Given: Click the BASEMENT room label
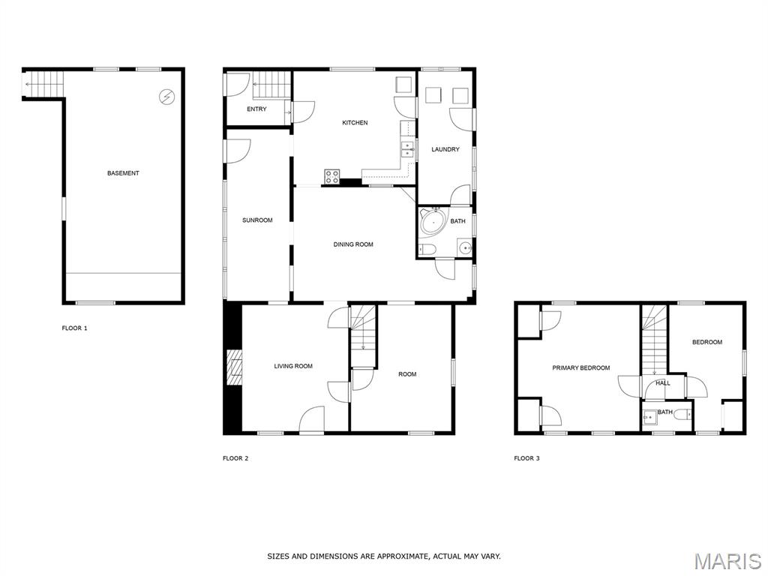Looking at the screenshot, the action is point(123,173).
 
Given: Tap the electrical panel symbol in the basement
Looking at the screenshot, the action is point(167,97).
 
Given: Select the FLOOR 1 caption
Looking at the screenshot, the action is point(74,328).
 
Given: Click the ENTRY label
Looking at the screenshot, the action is point(256,109).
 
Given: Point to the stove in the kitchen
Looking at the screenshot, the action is point(332,176).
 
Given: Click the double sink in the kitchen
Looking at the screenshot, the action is point(407,149).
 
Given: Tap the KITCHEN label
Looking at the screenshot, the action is point(355,122).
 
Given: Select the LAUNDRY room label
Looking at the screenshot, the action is point(445,149).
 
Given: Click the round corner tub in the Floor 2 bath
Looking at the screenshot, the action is point(433,222).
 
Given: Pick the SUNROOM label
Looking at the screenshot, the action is point(257,220).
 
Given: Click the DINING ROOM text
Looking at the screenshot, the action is point(353,244).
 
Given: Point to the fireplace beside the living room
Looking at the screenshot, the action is point(234,367).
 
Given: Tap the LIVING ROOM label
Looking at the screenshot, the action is point(293,366).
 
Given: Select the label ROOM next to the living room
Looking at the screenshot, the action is point(407,374).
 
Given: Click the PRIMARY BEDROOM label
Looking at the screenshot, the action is point(581,367).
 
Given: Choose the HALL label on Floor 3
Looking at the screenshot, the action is point(663,383).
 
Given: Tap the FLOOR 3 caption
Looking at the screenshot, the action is point(526,458).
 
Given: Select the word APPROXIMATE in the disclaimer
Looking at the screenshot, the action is point(402,556).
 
